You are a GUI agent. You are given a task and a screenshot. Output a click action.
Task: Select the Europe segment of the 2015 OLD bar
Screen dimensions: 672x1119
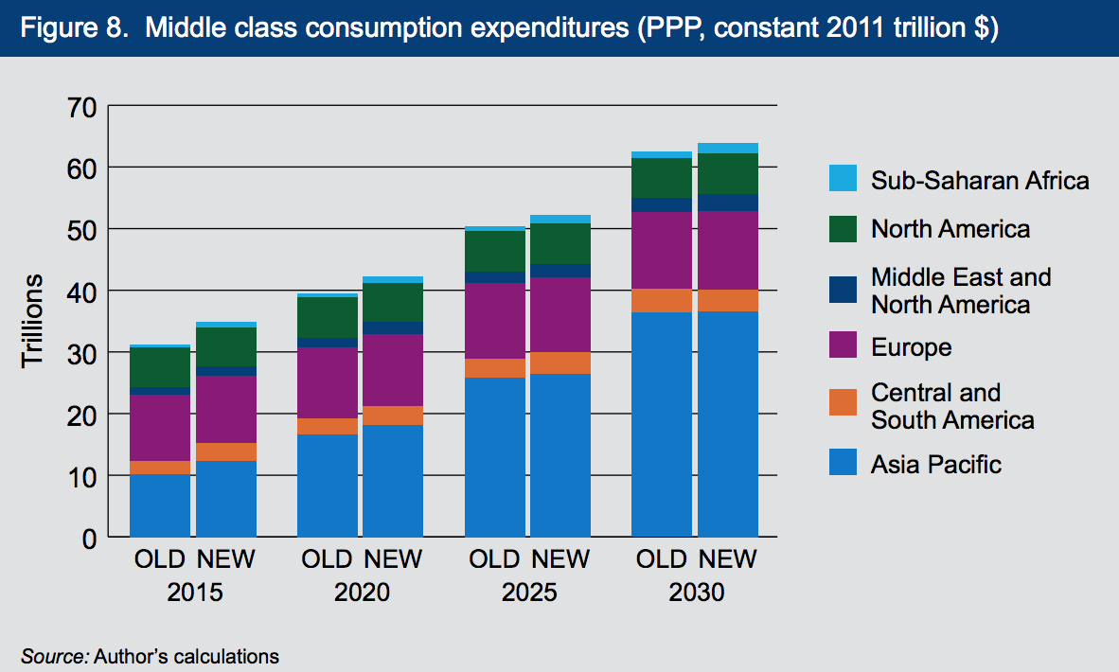click(159, 428)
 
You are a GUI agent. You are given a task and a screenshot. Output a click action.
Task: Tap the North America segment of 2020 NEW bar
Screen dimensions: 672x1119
click(393, 302)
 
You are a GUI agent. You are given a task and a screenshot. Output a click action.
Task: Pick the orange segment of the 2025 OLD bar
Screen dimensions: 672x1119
click(494, 368)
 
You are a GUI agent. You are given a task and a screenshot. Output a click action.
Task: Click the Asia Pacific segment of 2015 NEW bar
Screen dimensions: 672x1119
click(225, 499)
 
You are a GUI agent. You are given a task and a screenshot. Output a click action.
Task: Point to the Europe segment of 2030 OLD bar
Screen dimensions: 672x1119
click(661, 250)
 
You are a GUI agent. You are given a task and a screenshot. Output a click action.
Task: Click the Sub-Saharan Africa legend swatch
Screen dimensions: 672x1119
click(843, 179)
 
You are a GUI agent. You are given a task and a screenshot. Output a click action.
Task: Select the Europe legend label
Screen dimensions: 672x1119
click(911, 347)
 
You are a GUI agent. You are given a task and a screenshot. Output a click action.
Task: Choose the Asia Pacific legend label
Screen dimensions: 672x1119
click(935, 465)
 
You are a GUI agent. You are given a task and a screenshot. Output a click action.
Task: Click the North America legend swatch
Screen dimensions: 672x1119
click(843, 228)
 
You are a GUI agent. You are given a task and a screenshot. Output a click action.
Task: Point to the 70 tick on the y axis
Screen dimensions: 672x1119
click(81, 106)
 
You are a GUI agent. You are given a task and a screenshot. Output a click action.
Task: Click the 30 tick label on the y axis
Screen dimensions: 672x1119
click(81, 353)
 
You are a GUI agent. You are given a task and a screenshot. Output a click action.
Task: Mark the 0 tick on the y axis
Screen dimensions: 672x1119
click(89, 538)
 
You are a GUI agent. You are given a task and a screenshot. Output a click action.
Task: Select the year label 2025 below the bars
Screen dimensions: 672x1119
click(529, 593)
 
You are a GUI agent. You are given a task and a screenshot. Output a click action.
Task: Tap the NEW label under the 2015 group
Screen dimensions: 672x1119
click(225, 559)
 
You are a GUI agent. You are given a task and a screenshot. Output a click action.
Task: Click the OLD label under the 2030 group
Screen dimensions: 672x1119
click(661, 559)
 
